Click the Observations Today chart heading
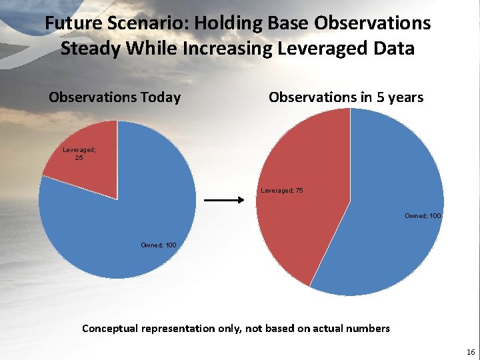[115, 97]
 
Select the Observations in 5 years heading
[345, 97]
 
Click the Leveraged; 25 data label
[79, 154]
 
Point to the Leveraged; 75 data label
[281, 191]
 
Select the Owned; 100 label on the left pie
[158, 245]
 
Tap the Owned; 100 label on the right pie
[423, 216]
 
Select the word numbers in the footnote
[367, 328]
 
